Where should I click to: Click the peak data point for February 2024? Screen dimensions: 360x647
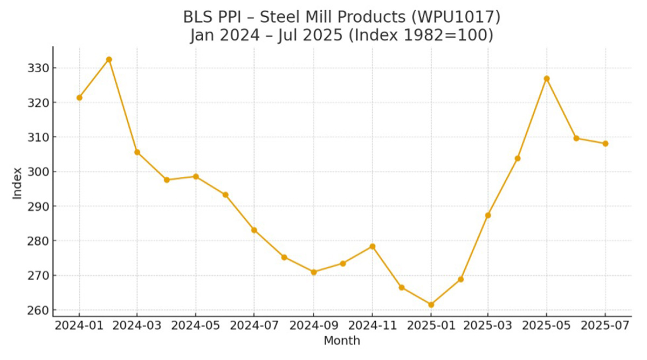point(109,59)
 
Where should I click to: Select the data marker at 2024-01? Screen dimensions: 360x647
point(79,98)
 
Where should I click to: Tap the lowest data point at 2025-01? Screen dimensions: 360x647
point(431,304)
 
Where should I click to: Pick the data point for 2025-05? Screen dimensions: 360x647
point(547,79)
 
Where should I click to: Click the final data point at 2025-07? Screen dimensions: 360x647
point(605,143)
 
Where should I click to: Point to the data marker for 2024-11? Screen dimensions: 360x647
point(372,246)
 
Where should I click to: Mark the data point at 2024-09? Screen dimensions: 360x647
point(314,272)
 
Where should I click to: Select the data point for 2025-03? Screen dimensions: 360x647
point(488,215)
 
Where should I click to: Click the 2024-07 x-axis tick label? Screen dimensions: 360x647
point(254,326)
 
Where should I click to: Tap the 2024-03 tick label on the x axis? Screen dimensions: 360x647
point(137,326)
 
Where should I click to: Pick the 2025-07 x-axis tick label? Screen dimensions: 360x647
point(605,326)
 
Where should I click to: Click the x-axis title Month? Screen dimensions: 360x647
point(342,341)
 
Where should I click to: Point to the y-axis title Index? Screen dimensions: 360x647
point(18,183)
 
